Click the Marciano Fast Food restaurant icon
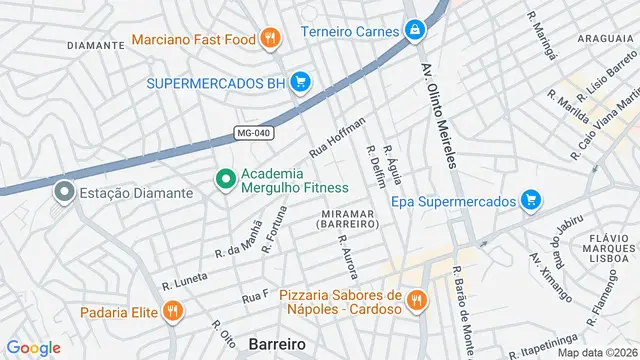pos(268,40)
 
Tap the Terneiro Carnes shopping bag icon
pos(413,31)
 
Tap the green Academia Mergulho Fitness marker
pos(226,180)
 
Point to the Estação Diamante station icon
pos(65,191)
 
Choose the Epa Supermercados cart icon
pos(531,201)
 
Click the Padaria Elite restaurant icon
pos(173,312)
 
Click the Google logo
pos(33,347)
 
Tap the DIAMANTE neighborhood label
pos(95,46)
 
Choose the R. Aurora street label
pos(348,258)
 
